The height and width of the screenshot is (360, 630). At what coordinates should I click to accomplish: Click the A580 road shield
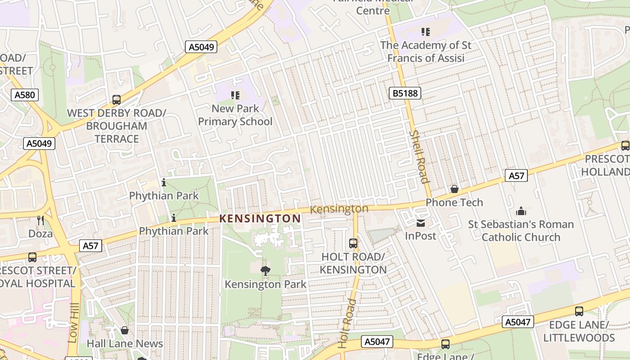(24, 95)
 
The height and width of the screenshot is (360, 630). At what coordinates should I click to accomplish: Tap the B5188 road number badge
(405, 93)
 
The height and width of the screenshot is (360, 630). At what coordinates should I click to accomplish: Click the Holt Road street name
(347, 323)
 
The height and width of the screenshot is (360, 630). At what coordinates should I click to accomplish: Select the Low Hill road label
(73, 323)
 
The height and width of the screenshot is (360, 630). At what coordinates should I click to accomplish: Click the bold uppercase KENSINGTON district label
(260, 219)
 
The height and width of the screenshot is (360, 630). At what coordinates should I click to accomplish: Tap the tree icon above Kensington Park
(265, 270)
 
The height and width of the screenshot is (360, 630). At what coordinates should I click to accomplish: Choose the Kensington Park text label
(265, 284)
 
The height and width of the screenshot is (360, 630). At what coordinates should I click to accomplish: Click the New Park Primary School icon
(235, 95)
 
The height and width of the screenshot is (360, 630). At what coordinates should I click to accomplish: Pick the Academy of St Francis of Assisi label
(426, 52)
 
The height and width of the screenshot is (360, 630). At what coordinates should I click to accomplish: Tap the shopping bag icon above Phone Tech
(454, 189)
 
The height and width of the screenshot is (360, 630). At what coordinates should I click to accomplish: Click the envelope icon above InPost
(421, 223)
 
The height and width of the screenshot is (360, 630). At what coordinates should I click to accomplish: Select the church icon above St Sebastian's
(521, 211)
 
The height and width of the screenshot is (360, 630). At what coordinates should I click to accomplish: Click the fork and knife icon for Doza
(40, 220)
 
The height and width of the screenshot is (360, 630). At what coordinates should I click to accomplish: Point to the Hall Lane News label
(125, 344)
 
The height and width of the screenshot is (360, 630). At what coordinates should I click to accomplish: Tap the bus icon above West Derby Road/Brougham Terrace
(117, 99)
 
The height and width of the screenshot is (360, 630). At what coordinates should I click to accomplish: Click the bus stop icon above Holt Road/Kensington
(353, 243)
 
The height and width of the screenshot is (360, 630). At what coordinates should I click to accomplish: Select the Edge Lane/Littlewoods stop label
(579, 331)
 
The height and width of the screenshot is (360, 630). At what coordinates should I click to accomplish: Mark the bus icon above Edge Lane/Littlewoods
(579, 311)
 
